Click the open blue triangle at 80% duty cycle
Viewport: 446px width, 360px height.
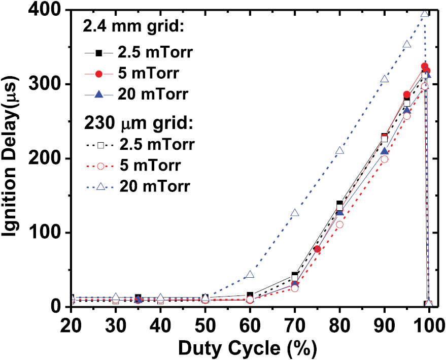340,151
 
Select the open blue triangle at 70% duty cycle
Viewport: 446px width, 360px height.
295,213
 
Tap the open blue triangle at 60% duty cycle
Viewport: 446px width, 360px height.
250,275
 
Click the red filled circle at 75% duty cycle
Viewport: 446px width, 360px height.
318,249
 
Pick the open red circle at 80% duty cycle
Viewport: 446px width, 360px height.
340,224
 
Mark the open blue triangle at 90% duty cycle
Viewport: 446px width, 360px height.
385,79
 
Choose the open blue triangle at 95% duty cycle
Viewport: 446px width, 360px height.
407,45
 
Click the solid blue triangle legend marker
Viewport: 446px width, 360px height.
100,93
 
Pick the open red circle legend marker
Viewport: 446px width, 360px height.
100,166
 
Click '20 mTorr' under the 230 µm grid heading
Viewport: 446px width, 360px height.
155,186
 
